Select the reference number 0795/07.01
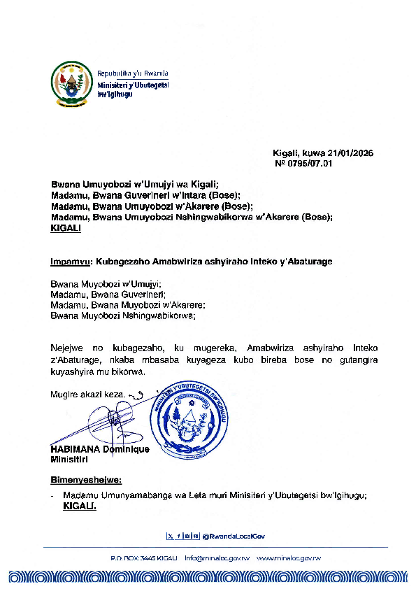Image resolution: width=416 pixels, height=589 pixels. pos(309,164)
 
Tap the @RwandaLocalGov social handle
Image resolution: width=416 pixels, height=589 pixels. pos(234,536)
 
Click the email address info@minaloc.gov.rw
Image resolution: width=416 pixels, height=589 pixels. pos(217,558)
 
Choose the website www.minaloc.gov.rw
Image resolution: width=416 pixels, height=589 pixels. pos(289,558)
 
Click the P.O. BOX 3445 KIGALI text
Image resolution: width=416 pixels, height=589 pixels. pos(143,558)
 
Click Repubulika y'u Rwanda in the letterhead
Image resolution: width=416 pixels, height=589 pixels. pos(133,73)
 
